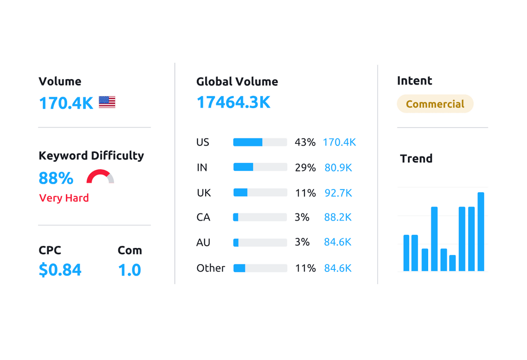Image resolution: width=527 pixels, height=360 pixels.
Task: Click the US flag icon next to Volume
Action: click(107, 102)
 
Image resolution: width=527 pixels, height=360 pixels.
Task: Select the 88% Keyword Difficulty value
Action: click(56, 178)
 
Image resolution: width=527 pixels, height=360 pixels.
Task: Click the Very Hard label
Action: click(64, 198)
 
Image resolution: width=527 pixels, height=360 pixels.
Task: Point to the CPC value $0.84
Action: click(60, 269)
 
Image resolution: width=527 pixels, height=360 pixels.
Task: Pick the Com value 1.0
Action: click(130, 269)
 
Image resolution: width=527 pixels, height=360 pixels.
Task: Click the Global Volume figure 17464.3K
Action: click(233, 102)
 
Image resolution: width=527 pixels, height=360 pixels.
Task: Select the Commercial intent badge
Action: click(435, 104)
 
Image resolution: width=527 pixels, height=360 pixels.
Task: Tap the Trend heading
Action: click(416, 158)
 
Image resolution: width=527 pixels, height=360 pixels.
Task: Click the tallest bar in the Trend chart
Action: click(481, 232)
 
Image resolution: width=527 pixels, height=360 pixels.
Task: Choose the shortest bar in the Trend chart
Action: click(452, 263)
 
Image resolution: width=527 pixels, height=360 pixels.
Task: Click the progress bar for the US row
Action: click(260, 142)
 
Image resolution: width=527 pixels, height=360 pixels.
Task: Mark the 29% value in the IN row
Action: click(305, 168)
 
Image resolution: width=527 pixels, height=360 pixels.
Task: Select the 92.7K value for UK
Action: click(338, 193)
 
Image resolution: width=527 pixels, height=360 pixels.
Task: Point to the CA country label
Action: click(203, 218)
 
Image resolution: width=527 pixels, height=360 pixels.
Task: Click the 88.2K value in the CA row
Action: click(338, 218)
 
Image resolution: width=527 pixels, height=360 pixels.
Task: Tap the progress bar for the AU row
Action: click(260, 243)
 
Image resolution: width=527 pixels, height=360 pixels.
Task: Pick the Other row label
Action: click(211, 268)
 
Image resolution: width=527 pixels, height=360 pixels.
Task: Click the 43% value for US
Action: click(305, 142)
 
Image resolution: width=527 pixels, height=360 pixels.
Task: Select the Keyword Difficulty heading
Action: click(91, 156)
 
